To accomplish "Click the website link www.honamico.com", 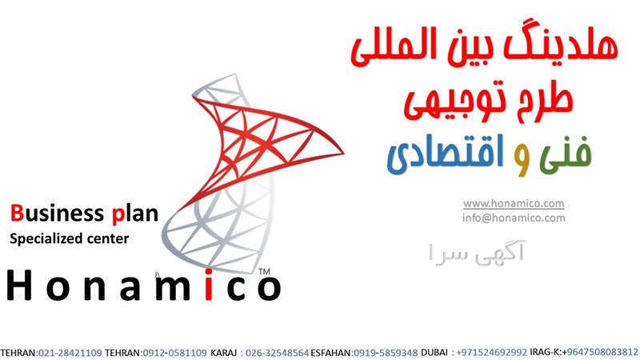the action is tap(514, 203).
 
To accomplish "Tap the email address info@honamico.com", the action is tap(514, 218).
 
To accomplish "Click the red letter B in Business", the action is tap(17, 213).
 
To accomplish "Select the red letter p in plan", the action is tap(118, 216).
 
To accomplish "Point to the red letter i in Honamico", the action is tap(209, 285).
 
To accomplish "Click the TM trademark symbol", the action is tap(264, 271).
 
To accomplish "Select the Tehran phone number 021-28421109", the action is tap(70, 353).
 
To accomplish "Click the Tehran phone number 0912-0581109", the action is tap(174, 353).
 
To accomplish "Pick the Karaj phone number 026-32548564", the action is tap(277, 353).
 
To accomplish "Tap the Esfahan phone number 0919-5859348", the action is tap(386, 353).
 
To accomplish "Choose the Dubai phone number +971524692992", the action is tap(491, 353).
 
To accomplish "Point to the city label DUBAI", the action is tap(434, 353).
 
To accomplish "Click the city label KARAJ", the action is tap(224, 353).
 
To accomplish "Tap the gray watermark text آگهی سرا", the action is tap(477, 253).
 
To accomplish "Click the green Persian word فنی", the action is tap(566, 153).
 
